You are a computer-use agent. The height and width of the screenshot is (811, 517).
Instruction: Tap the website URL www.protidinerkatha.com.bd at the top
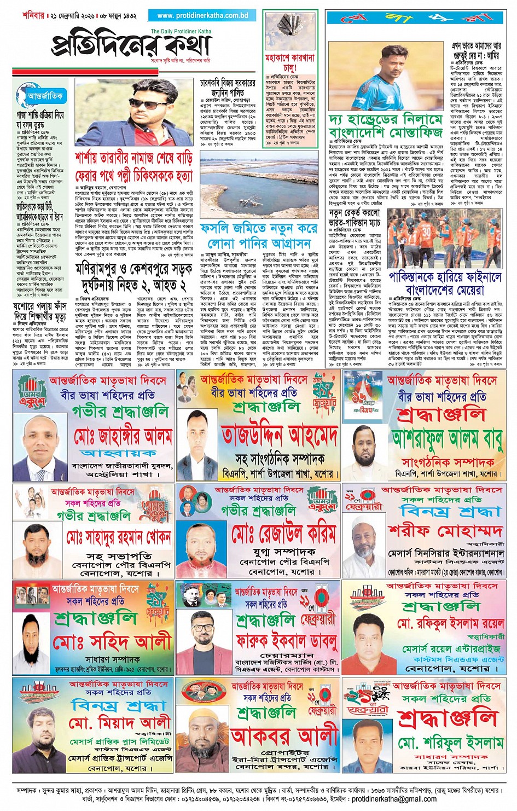[202, 16]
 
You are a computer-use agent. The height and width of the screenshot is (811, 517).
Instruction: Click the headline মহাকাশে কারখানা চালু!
[289, 62]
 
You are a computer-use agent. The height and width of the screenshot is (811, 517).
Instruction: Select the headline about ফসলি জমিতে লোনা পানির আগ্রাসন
[258, 236]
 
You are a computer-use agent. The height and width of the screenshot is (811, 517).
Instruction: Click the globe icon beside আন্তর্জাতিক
[24, 95]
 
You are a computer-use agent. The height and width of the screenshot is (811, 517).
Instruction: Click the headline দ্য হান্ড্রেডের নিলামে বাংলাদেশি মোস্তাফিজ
[385, 126]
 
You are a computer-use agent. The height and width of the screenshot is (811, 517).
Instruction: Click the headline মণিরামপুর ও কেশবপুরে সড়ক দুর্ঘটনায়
[134, 276]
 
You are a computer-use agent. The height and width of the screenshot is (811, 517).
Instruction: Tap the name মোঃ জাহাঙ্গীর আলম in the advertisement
[124, 436]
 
